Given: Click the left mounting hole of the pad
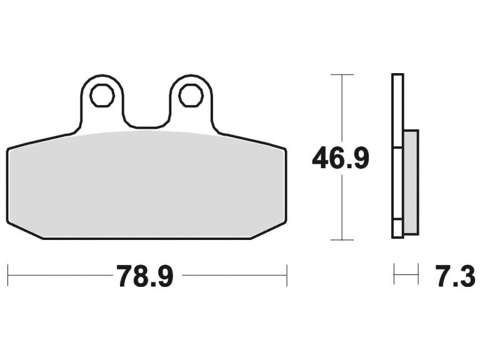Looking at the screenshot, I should tap(101, 96).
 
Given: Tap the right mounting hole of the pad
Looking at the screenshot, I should tap(190, 96).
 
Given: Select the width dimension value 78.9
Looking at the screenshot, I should tap(144, 276).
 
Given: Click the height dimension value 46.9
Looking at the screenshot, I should tap(341, 159).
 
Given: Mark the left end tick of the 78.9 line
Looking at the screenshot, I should tap(7, 274).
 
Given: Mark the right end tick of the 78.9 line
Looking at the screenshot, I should tap(286, 274).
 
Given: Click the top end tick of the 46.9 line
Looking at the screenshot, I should tap(342, 74).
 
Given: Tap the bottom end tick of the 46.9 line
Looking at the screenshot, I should tap(342, 240).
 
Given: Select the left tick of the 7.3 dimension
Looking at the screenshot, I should tap(394, 274).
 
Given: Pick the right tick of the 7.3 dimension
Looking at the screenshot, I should tap(417, 274).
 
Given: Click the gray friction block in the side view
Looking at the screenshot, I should tap(411, 181).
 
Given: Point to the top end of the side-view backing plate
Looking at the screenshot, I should tap(397, 76).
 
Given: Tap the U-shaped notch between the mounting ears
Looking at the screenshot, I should tap(146, 122).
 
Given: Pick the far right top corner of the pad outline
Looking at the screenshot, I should tap(285, 149).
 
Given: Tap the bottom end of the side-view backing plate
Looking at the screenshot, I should tap(397, 236).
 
